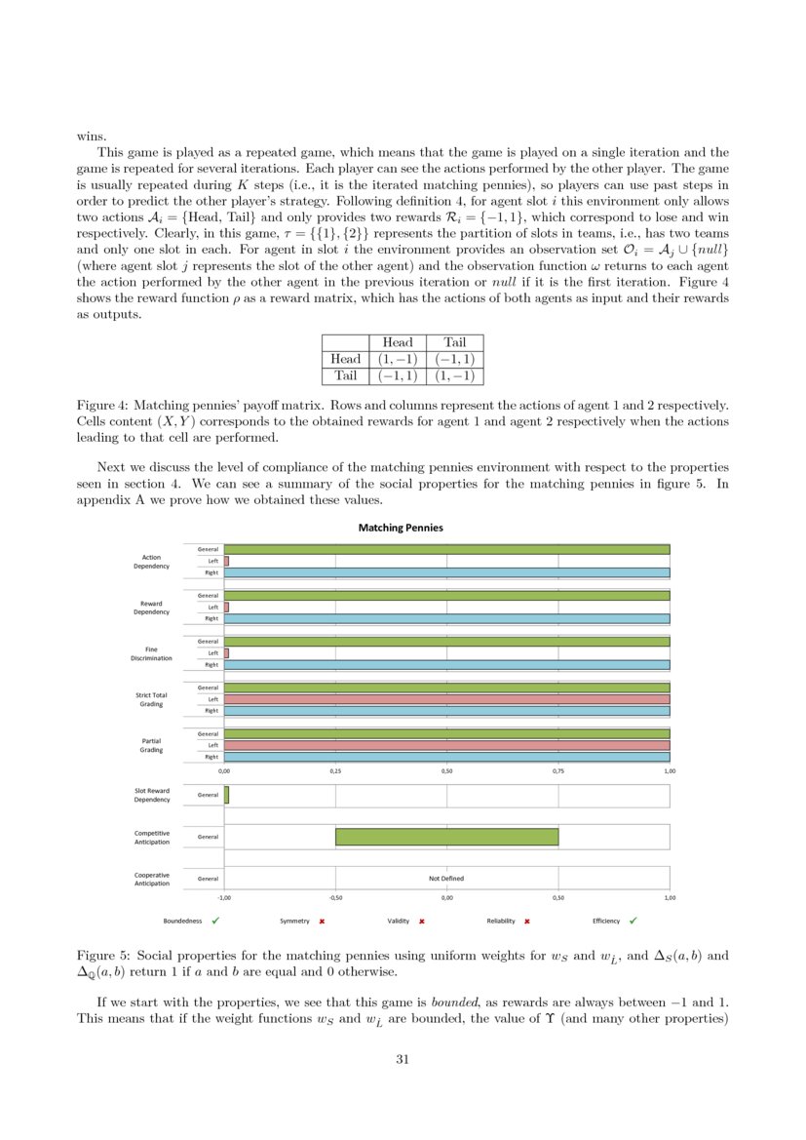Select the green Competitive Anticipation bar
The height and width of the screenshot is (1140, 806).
point(446,837)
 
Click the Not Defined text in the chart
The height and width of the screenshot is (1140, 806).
point(446,878)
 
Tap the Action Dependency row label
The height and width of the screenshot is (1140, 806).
point(151,561)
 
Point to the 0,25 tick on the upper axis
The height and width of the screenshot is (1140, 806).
point(336,770)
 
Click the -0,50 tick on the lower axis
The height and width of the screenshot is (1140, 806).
point(336,897)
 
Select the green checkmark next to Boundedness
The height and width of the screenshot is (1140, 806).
point(215,921)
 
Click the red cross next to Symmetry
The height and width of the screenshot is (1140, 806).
point(322,921)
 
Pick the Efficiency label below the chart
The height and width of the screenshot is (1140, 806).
point(606,921)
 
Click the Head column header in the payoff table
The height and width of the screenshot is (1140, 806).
point(398,342)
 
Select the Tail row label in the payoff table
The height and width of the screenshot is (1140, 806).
point(346,375)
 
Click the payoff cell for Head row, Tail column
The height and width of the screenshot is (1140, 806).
point(454,359)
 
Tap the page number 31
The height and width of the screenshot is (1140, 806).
point(403,1059)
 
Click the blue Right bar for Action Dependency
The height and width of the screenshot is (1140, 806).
point(446,572)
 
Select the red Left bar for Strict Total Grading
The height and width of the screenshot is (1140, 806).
point(446,699)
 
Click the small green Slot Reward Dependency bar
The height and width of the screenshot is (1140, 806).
point(226,795)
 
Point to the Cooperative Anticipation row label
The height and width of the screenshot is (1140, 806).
point(151,879)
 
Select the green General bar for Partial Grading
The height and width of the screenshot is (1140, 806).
point(446,733)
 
